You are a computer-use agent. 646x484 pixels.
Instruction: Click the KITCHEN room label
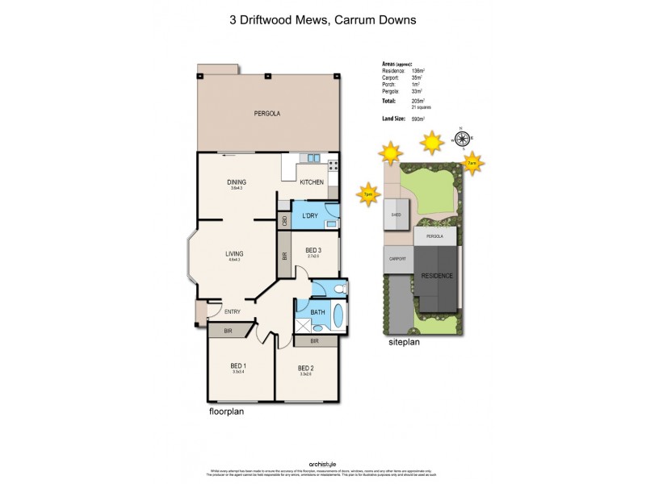(x=312, y=182)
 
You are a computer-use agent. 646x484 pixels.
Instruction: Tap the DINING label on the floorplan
(x=236, y=181)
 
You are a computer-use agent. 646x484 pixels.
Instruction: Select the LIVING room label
(x=234, y=253)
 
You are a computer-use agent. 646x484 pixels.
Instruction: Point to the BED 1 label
(x=239, y=365)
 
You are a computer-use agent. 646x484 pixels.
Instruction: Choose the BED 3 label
(x=313, y=250)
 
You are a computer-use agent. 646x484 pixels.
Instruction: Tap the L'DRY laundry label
(x=309, y=216)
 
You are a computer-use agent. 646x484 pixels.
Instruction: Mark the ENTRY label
(x=232, y=311)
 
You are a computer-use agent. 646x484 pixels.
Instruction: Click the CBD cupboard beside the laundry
(x=284, y=220)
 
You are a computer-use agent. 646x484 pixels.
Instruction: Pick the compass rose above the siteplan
(x=463, y=139)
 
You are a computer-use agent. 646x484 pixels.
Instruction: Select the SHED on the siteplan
(x=396, y=215)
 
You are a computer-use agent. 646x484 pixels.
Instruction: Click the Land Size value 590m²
(x=417, y=119)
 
